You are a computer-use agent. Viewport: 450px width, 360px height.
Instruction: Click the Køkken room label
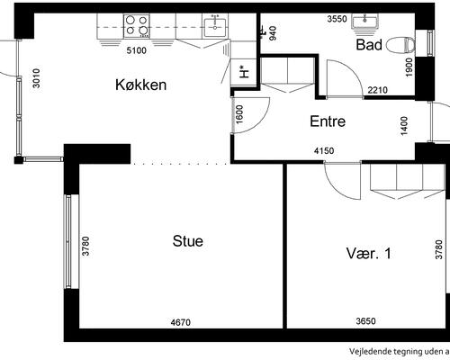coord(140,85)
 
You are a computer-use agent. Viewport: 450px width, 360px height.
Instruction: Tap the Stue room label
coord(188,241)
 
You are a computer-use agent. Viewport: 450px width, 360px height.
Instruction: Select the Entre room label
coord(328,121)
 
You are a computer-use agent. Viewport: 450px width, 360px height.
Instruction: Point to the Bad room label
coord(369,45)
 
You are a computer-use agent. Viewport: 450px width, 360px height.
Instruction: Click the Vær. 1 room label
coord(369,254)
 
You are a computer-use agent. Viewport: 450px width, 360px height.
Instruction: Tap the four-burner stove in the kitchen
coord(137,26)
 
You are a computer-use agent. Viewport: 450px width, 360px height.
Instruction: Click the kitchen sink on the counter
coord(215,26)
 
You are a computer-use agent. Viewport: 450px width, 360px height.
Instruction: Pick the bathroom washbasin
coord(364,23)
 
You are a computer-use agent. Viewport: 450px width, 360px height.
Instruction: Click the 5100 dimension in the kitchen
coord(137,50)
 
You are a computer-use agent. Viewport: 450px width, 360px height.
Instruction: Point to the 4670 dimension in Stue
coord(181,322)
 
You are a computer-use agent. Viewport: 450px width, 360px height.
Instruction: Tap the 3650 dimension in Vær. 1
coord(366,321)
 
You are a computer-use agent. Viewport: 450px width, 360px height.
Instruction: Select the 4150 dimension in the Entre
coord(324,150)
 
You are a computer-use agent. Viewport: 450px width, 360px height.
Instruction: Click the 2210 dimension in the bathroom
coord(377,90)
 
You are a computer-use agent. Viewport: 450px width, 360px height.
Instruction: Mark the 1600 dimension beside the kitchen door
coord(239,114)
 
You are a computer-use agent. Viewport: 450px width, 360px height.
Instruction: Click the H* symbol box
coord(243,73)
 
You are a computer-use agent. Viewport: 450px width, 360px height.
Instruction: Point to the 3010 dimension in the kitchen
coord(37,78)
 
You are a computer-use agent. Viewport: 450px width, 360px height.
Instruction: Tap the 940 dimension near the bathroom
coord(273,33)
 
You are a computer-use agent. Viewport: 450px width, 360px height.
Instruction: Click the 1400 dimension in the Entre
coord(404,126)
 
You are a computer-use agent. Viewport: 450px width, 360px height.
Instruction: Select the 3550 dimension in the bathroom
coord(337,19)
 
